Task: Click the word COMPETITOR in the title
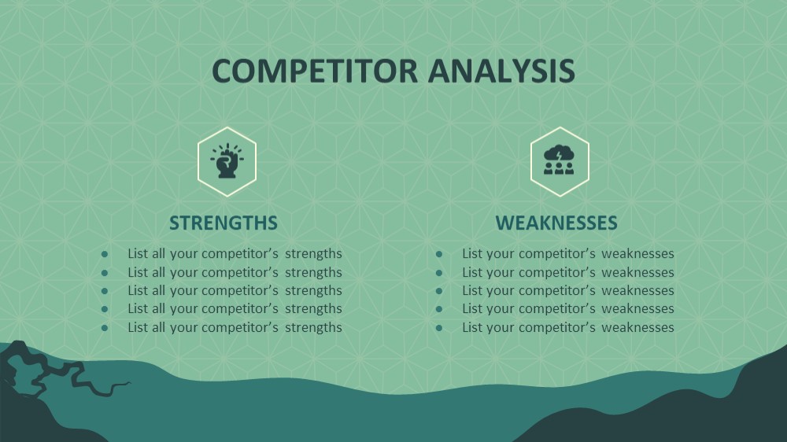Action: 315,71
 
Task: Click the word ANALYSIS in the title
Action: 501,71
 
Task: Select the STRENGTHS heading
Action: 224,223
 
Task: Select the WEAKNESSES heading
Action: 556,223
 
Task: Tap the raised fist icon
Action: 227,161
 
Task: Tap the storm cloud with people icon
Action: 559,160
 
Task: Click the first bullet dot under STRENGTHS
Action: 105,254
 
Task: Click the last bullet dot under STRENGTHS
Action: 105,328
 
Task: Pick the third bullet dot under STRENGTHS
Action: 105,291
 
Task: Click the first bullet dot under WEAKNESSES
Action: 439,254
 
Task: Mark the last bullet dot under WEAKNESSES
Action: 439,328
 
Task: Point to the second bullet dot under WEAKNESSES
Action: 439,273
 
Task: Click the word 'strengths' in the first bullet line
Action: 313,254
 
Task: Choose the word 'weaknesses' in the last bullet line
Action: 637,327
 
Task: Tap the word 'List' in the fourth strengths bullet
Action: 137,308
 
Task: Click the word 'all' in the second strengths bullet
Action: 158,272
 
